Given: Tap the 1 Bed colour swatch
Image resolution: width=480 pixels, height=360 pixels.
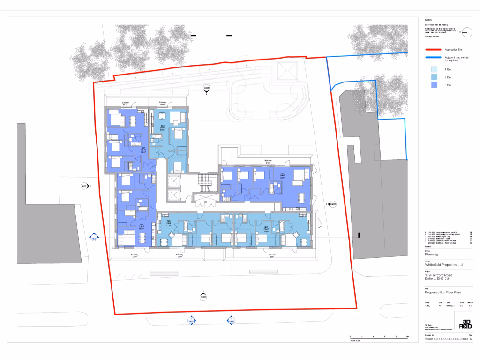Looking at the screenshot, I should coord(434,69).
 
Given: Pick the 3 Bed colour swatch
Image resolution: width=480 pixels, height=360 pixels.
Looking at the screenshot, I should coord(434,85).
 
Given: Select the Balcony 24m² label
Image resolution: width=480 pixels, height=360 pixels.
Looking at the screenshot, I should coord(268,162).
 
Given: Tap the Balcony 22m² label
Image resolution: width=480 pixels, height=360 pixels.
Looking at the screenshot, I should coord(271,256).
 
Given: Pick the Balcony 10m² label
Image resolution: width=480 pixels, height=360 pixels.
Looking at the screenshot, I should coord(162,104).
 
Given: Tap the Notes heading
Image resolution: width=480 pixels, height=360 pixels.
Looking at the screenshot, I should coord(428,20).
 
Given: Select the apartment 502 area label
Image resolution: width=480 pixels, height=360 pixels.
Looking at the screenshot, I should coord(162,127).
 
